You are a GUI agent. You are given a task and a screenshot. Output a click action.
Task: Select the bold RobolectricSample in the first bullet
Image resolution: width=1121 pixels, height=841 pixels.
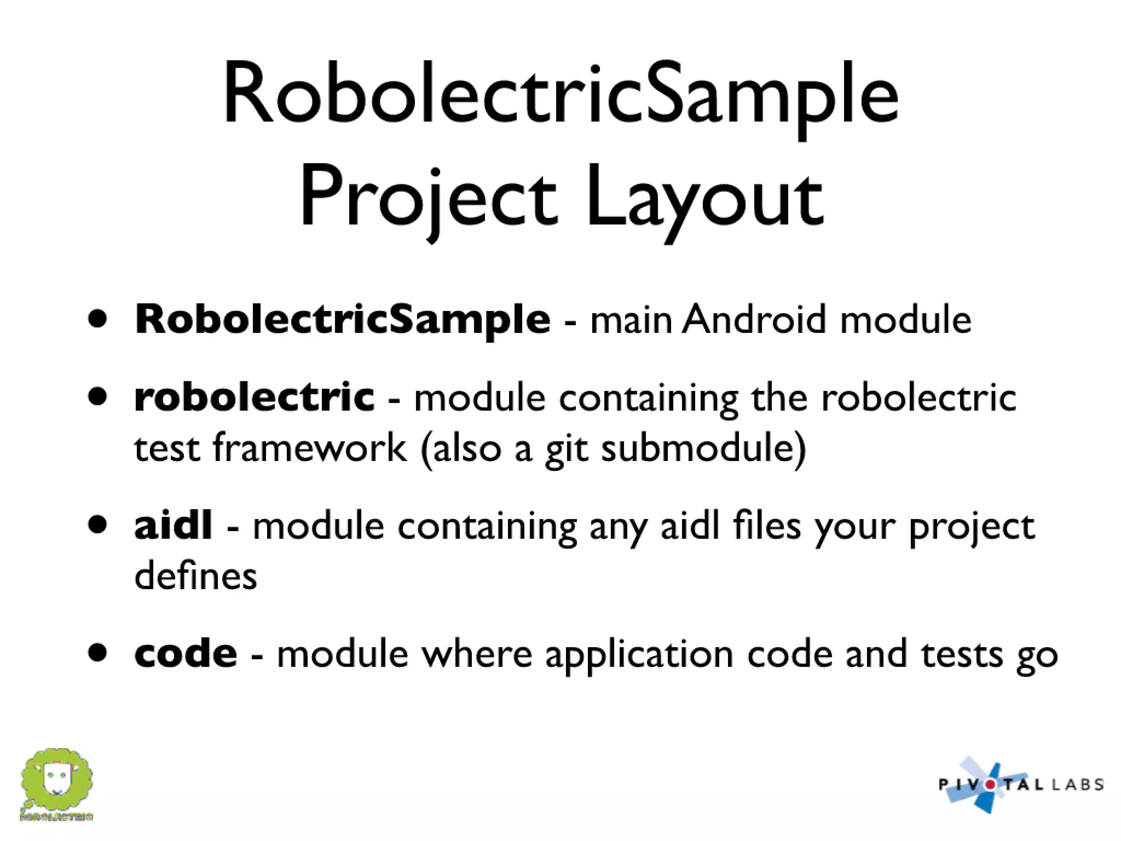(x=342, y=319)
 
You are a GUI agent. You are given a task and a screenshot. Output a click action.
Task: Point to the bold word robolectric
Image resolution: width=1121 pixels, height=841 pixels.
(x=254, y=397)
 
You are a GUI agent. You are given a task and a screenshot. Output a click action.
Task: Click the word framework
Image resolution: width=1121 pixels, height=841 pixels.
(x=310, y=448)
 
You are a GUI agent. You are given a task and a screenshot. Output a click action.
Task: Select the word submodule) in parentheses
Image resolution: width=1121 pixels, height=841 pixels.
(x=703, y=448)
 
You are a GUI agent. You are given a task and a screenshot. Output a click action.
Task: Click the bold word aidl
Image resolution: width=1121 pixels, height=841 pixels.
(x=173, y=525)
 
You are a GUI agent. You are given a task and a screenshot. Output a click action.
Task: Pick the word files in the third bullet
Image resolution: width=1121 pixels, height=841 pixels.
(x=766, y=525)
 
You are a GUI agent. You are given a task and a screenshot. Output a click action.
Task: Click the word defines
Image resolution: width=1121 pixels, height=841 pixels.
(x=195, y=576)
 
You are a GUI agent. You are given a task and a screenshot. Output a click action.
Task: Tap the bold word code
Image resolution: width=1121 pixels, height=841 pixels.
(x=186, y=654)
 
